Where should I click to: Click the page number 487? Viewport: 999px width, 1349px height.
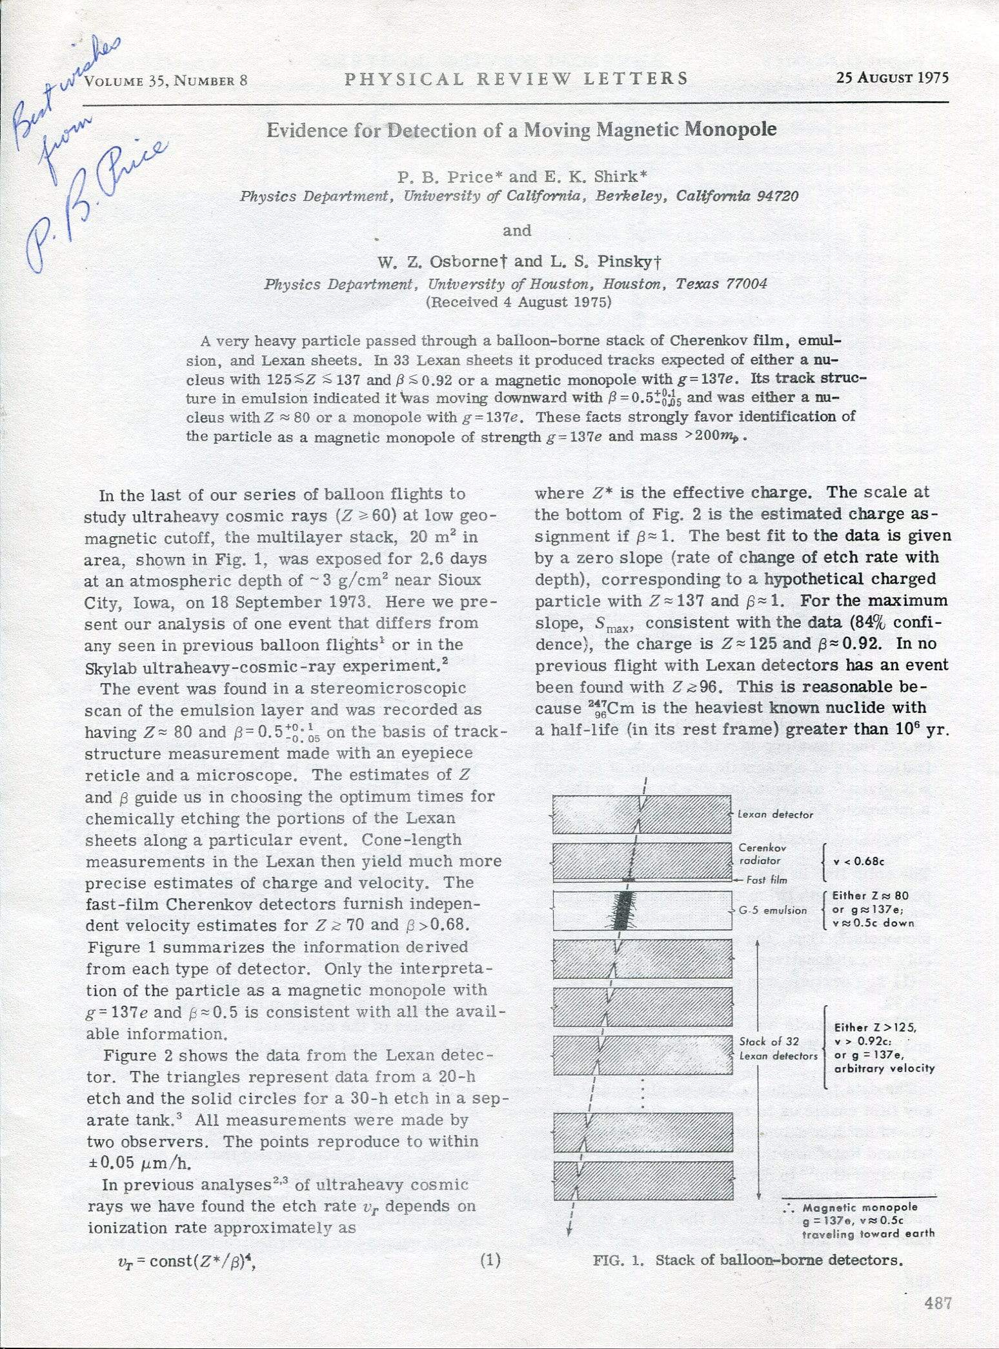[937, 1303]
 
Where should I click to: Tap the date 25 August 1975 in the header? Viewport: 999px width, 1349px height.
[892, 79]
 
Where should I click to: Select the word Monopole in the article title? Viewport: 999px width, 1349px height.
[730, 130]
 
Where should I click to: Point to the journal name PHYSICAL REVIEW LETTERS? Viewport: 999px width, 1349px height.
[516, 79]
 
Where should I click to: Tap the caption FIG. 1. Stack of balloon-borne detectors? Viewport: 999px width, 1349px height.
[747, 1260]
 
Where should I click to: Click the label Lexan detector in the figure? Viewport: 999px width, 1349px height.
[775, 814]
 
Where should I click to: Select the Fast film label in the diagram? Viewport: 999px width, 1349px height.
[766, 879]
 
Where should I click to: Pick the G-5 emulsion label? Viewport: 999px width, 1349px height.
[772, 910]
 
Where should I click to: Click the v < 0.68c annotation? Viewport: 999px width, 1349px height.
[858, 861]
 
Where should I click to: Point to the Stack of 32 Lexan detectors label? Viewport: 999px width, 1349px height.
[778, 1048]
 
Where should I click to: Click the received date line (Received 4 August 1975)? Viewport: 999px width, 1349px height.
[518, 302]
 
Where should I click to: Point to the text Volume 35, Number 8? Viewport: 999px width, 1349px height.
[166, 81]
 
